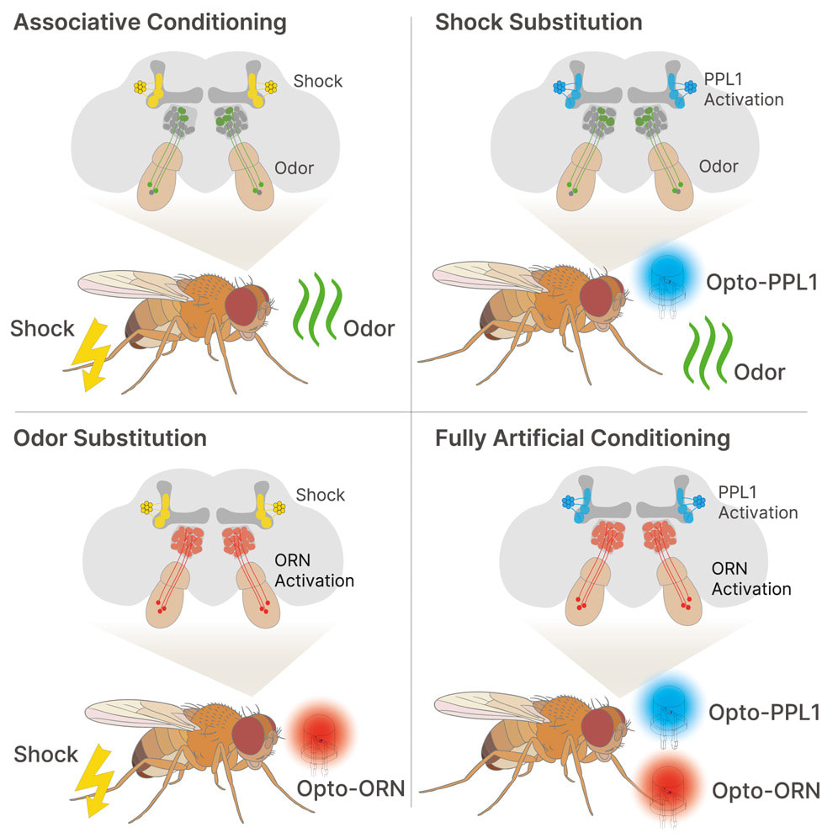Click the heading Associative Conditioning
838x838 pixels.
pos(150,23)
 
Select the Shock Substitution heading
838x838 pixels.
pos(538,23)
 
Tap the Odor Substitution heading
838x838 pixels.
pos(110,438)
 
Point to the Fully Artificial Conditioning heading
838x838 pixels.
pos(582,439)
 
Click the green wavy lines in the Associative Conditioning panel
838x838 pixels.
pos(317,309)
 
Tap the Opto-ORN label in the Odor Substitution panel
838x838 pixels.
pos(351,788)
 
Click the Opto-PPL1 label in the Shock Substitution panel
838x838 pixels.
pos(762,282)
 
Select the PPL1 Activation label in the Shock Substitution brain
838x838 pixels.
pos(744,89)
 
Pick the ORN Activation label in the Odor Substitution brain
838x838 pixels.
pos(315,570)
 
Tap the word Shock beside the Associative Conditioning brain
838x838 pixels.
pos(317,82)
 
